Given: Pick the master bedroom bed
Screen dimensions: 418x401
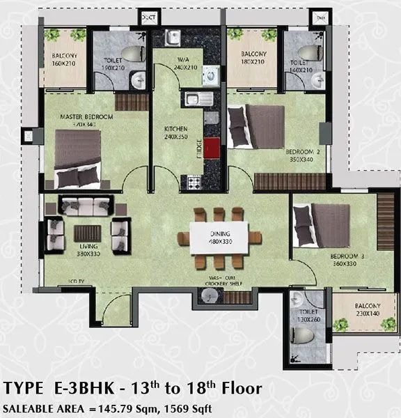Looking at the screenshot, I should (77, 160).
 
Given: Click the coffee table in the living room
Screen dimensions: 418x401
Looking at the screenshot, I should (87, 233).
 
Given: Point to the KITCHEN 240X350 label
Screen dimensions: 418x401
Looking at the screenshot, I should (175, 133).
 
